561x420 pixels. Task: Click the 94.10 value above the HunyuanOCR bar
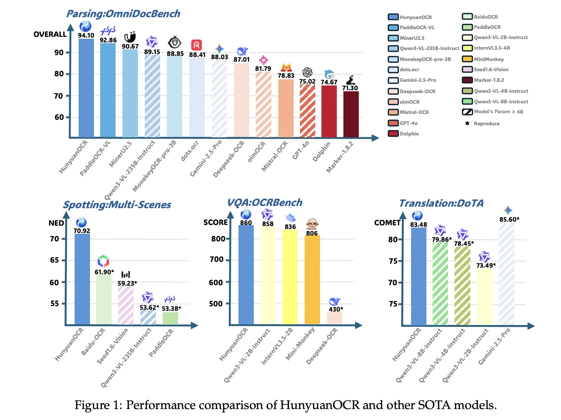tap(86, 35)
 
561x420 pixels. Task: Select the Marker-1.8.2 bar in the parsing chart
tap(351, 114)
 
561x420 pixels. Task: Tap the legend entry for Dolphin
tap(404, 134)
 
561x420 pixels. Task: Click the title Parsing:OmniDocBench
tap(123, 14)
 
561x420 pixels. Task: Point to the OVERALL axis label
tap(50, 34)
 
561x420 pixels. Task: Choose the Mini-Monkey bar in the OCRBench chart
tap(312, 279)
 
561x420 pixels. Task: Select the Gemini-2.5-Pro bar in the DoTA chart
tap(507, 274)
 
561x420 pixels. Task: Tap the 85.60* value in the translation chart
tap(509, 219)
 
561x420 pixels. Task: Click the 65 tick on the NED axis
tap(54, 260)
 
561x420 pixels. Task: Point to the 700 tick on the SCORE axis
tap(216, 259)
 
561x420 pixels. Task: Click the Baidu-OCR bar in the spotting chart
tap(104, 299)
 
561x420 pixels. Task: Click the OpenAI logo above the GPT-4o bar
tap(307, 72)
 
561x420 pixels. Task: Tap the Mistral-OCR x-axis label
tap(274, 157)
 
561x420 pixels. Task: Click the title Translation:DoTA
tap(441, 203)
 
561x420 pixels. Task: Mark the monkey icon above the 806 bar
tap(312, 224)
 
